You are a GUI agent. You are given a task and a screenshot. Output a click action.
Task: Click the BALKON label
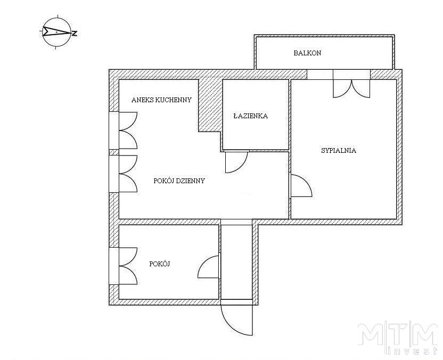coord(307,53)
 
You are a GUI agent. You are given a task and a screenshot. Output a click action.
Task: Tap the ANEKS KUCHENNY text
coord(161,100)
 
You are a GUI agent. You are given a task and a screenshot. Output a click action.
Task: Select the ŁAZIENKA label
coord(251,116)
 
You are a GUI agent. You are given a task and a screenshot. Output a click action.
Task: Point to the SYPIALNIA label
coord(339,150)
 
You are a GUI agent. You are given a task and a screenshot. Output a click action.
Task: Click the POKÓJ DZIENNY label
coord(179,181)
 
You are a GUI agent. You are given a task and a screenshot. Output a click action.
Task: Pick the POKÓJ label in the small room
coord(160,264)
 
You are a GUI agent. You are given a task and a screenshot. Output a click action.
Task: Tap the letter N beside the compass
coord(75,34)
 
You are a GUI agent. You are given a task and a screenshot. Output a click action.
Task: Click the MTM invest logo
coord(398,338)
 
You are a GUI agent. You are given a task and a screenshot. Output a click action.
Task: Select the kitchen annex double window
coord(124,130)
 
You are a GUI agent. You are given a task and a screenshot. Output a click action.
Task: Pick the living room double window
coord(124,174)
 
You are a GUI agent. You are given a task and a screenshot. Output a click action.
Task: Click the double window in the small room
coord(124,266)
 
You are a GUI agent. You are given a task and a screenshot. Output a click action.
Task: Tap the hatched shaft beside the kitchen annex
coord(210,105)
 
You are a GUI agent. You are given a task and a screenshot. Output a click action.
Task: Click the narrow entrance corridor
coord(236,261)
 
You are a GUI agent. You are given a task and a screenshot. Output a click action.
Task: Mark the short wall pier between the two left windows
coord(114,152)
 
